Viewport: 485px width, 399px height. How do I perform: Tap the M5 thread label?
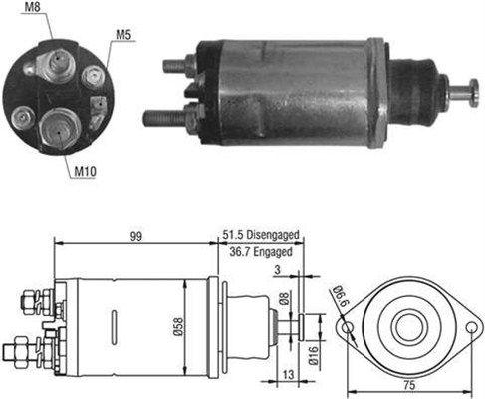click(123, 35)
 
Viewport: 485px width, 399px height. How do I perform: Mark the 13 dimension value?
click(289, 375)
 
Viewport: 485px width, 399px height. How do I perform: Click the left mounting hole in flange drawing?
click(348, 327)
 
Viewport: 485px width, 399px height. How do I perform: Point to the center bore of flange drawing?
click(409, 327)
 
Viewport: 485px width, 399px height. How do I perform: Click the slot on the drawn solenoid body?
click(115, 326)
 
